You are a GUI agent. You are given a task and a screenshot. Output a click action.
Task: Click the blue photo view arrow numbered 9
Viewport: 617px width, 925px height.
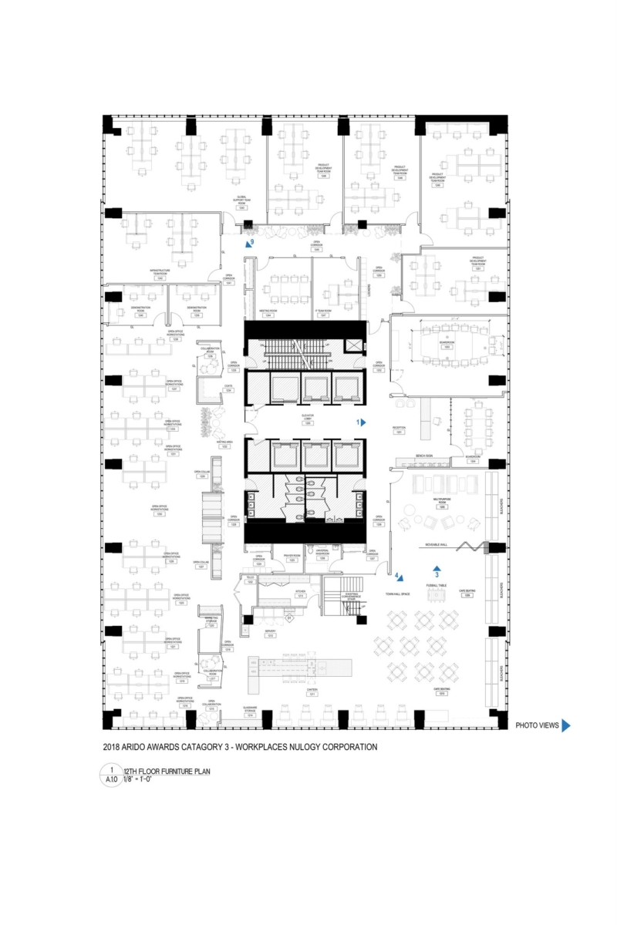(248, 243)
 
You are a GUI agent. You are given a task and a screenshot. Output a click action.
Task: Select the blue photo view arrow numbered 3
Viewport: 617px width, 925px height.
(437, 568)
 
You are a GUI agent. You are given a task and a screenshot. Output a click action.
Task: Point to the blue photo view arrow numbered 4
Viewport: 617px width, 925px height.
(400, 576)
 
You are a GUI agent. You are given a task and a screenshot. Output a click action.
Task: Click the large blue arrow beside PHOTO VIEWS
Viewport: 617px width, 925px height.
(565, 725)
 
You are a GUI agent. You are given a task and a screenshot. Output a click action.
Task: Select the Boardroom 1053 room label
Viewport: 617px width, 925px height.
(446, 345)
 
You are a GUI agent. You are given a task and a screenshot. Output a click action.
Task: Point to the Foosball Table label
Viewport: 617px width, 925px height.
(437, 586)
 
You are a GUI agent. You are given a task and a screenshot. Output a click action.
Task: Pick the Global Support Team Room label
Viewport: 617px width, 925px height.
(242, 201)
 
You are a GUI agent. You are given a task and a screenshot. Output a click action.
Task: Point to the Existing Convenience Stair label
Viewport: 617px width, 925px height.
(353, 595)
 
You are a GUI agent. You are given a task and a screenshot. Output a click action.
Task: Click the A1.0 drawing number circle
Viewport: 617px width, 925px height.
(112, 774)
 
